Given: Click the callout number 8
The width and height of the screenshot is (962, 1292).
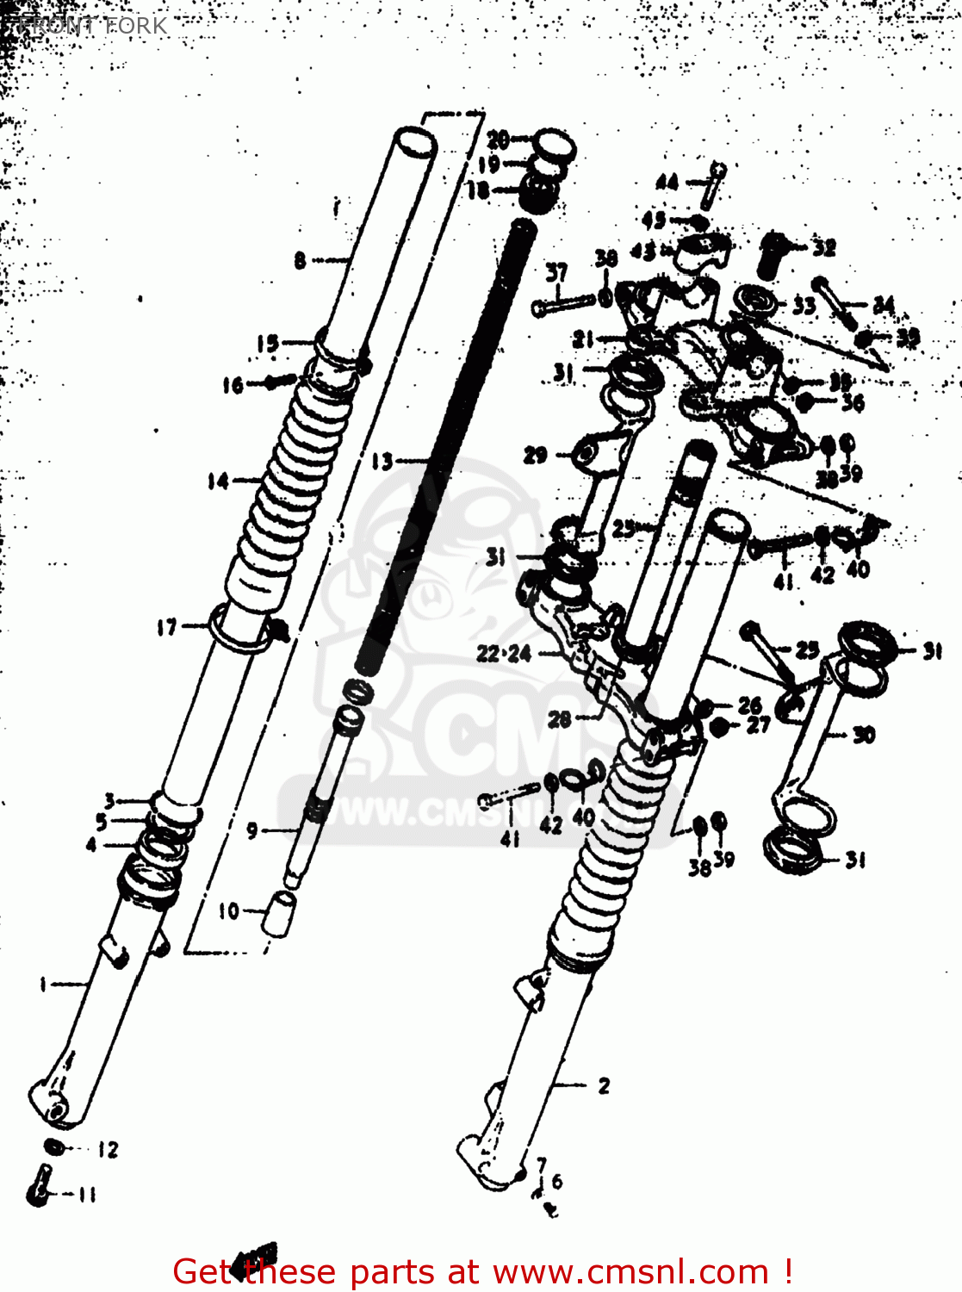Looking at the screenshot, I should coord(300,259).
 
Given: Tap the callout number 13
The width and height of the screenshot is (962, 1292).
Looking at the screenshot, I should coord(382,463).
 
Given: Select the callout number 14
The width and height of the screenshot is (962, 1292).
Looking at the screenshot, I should coord(218,481).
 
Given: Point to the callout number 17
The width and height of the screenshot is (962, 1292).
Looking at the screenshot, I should coord(167,628).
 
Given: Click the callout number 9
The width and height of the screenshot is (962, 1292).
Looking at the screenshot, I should coord(251,830).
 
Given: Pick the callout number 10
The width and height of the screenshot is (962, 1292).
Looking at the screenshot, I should coord(228,910).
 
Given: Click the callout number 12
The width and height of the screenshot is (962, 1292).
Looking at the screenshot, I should coord(108,1149).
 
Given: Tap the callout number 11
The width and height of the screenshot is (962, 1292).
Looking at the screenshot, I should coord(87,1195).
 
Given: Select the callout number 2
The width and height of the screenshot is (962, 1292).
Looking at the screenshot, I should coord(604,1086).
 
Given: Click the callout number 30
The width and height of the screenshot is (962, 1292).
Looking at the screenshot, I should coord(864,735).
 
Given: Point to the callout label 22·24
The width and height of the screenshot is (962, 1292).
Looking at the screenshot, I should coord(504,654).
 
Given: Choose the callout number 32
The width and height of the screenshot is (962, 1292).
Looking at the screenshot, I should coord(824,248).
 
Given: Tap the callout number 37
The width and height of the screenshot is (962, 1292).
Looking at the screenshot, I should coord(556,273).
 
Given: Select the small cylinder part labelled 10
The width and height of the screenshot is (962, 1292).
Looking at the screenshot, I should coord(279,912).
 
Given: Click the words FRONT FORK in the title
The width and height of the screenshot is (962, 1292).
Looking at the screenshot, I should coord(90,25).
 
